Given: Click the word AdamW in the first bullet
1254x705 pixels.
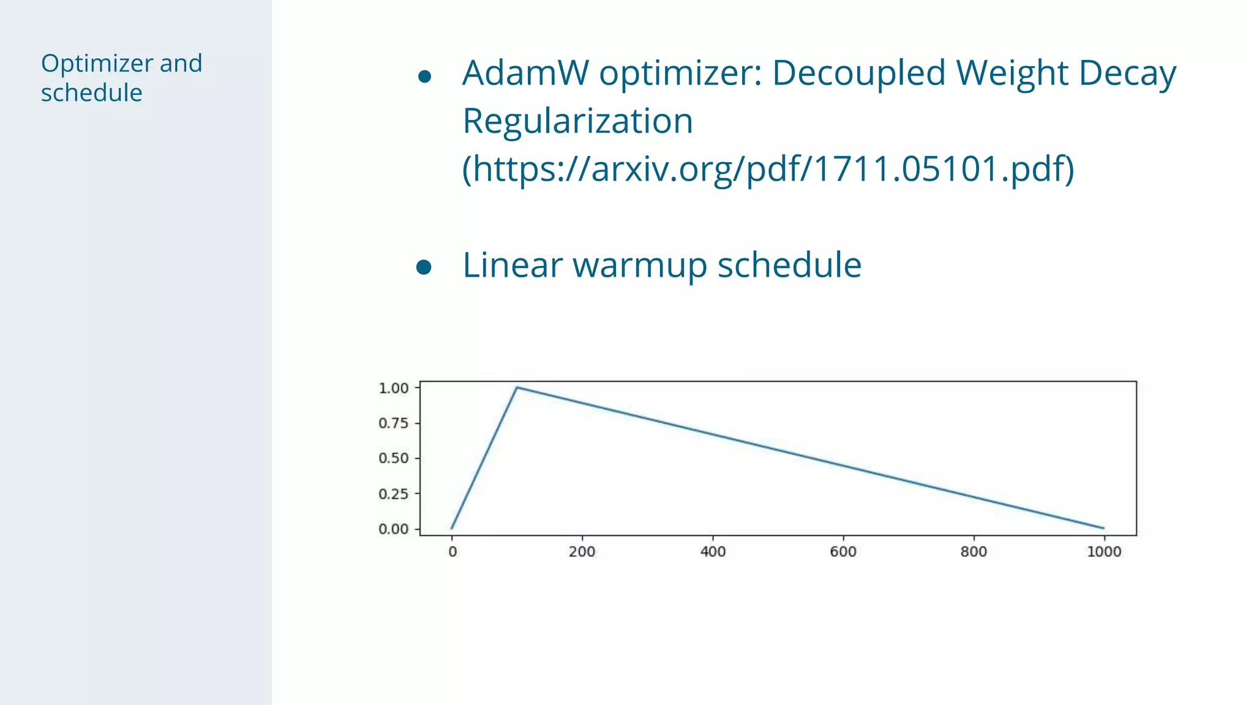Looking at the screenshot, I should [x=525, y=73].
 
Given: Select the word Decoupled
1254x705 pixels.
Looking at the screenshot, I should [x=858, y=73].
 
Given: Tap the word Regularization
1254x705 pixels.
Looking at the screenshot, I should [x=577, y=121].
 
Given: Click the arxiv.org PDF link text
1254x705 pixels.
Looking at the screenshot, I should [x=768, y=169].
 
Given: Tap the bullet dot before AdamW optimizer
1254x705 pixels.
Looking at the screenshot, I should [x=424, y=76].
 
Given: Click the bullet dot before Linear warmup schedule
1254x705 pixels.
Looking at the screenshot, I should [x=424, y=267].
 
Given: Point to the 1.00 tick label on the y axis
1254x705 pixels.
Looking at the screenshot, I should [x=393, y=388].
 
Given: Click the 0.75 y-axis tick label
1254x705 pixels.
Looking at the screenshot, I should [x=393, y=423].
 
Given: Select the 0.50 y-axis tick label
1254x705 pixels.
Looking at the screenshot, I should [x=393, y=458].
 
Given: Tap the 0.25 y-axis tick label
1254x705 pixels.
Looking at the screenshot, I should [x=393, y=494].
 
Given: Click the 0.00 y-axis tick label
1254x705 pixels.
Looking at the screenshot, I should [x=393, y=529].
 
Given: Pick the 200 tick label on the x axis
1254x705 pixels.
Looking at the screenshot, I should [x=582, y=551].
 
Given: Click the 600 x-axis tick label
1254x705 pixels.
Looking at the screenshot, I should [x=843, y=551].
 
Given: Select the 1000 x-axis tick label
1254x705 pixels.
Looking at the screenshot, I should [x=1104, y=551].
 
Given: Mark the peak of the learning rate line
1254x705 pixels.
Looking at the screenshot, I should [x=517, y=387].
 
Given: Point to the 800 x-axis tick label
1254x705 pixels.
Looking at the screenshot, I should [x=974, y=551].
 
